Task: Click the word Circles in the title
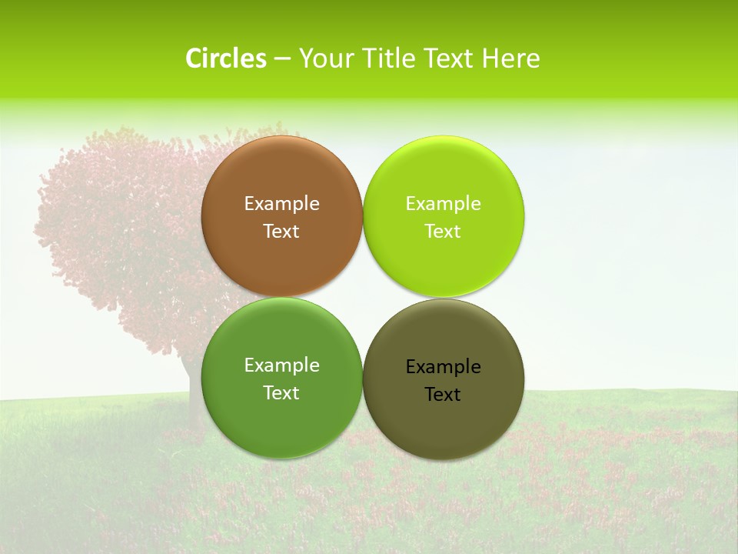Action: [x=225, y=58]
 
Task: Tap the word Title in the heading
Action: [x=393, y=58]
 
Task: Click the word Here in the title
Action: [x=510, y=58]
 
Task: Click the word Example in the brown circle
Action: [x=281, y=204]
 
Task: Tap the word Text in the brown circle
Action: [x=281, y=232]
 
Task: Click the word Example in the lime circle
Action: [x=443, y=204]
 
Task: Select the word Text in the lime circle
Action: [x=443, y=232]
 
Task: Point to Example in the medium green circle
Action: [x=281, y=365]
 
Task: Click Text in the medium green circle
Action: [x=281, y=393]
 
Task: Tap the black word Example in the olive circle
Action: [x=443, y=367]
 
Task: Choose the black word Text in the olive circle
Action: [x=443, y=395]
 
